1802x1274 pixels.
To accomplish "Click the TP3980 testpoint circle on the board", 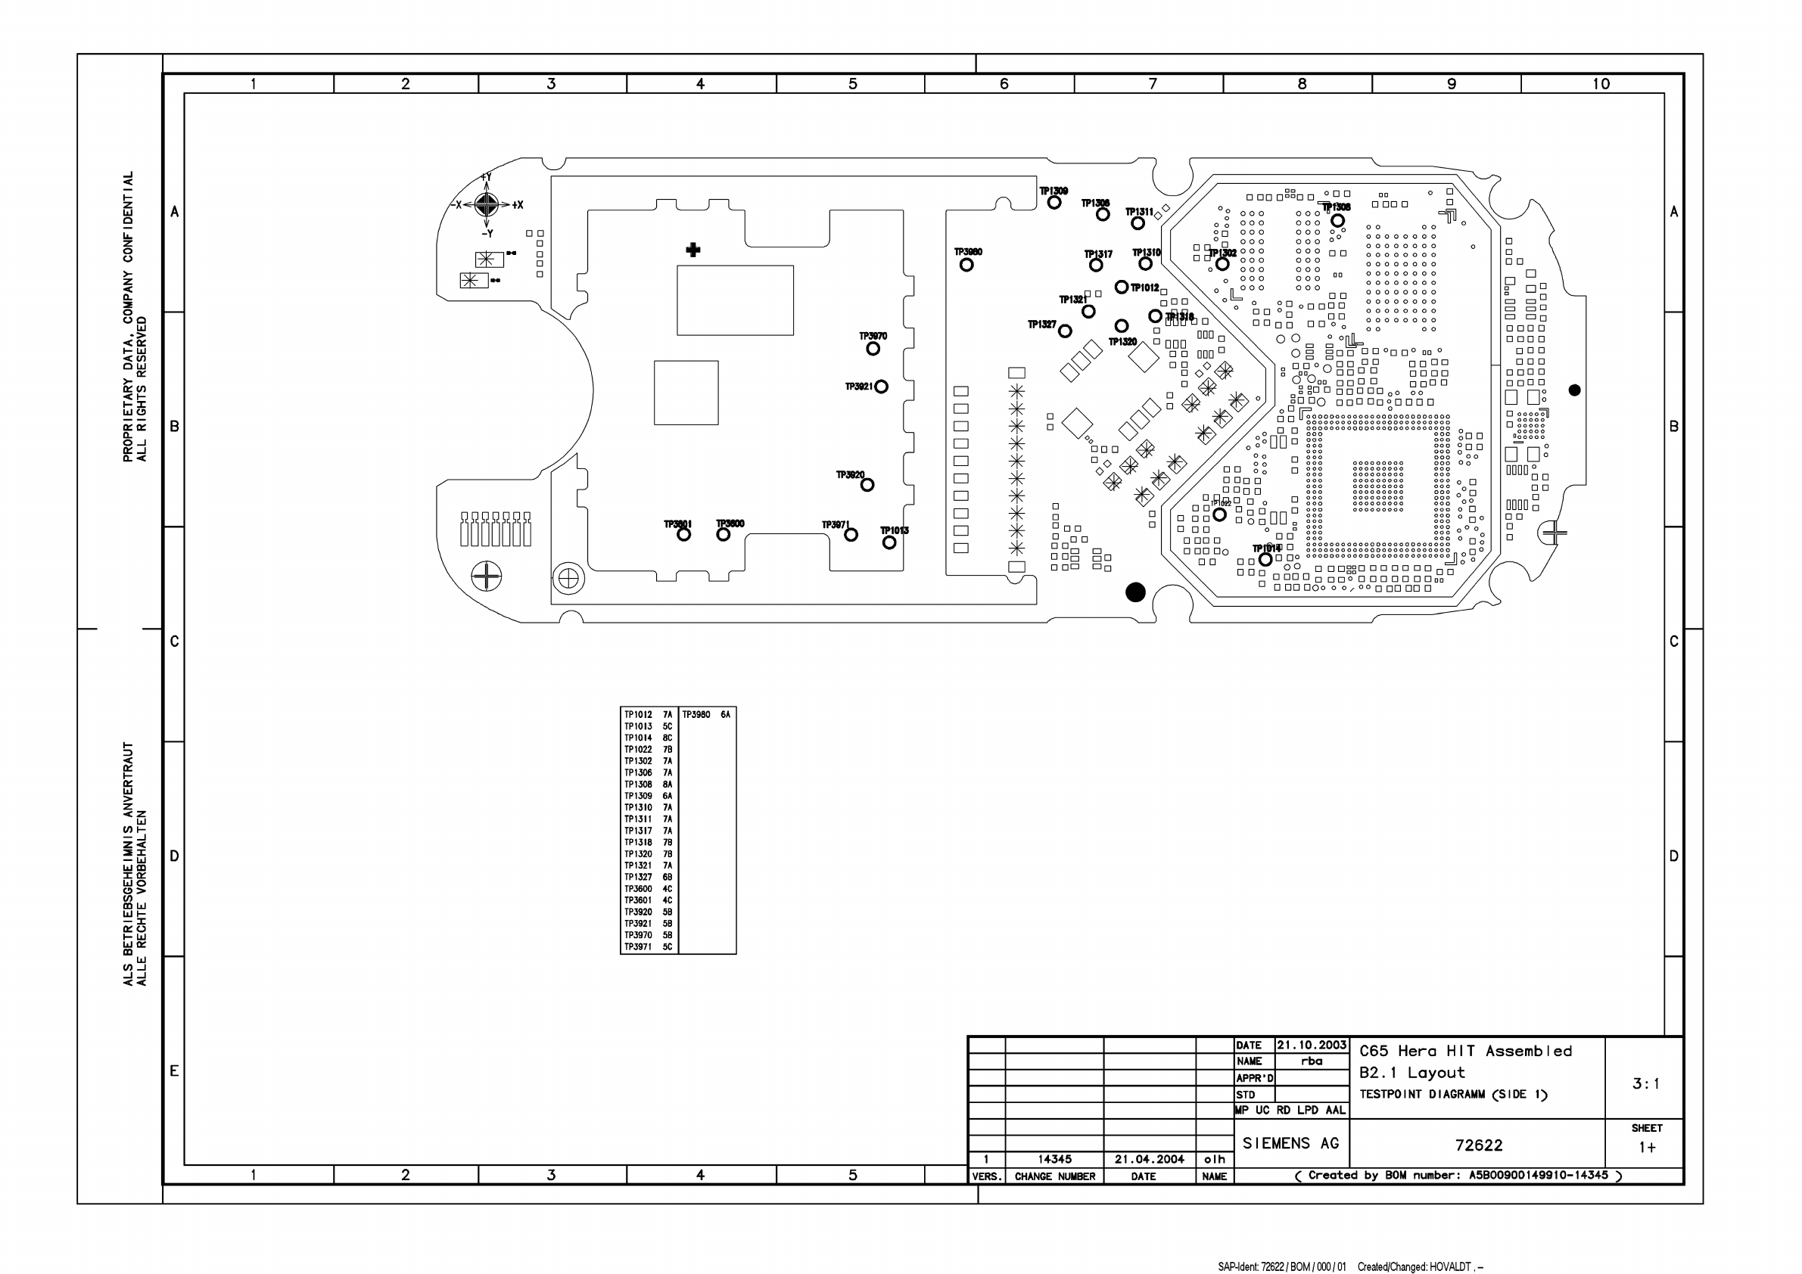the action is pos(966,264).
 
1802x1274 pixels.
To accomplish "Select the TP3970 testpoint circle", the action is pos(873,348).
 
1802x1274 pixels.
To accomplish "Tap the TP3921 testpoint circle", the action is pos(882,387).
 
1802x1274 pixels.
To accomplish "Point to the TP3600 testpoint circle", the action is pos(723,534).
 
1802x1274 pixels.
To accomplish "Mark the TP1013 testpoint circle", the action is pos(889,542).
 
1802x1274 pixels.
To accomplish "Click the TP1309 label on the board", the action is pos(1054,191).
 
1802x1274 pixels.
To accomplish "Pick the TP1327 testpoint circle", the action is pos(1065,331).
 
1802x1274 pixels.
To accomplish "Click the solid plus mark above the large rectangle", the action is pos(693,250).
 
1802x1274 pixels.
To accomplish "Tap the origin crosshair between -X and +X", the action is pos(487,205).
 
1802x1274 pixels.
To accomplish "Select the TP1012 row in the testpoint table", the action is pos(649,715).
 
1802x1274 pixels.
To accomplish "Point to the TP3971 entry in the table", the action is pos(649,947).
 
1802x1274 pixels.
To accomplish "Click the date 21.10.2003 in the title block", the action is pos(1312,1045).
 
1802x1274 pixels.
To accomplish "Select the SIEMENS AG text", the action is pos(1290,1143).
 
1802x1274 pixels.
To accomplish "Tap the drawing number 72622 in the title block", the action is pos(1479,1145).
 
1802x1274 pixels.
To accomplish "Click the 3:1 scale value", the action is pos(1646,1083).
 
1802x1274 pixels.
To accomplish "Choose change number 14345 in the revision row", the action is pos(1054,1159).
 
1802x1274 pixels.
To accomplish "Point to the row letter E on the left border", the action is pos(174,1070).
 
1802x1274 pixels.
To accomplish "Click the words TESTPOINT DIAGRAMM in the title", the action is pos(1422,1095).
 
